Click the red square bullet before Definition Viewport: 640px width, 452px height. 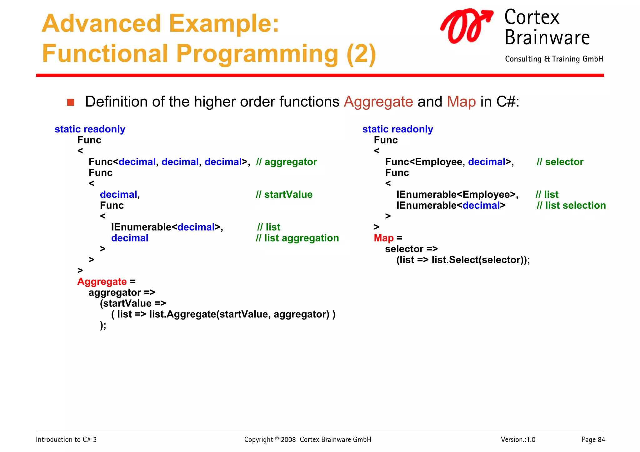71,102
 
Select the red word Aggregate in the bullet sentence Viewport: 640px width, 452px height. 378,102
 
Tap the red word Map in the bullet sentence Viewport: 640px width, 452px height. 461,102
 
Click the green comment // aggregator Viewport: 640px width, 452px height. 286,162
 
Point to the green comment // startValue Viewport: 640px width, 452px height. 284,195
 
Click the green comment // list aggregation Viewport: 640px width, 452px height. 297,238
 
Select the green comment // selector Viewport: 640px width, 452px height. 560,162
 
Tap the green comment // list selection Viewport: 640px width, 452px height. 571,206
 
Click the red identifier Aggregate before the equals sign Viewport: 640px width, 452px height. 102,281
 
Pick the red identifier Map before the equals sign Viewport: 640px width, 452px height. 383,238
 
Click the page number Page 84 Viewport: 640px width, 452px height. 593,440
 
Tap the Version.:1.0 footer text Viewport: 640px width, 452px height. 518,440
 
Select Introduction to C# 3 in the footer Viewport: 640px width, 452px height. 66,440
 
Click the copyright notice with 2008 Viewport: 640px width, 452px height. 307,440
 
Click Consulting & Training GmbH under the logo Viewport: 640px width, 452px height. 554,59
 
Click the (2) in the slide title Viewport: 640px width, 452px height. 361,54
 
